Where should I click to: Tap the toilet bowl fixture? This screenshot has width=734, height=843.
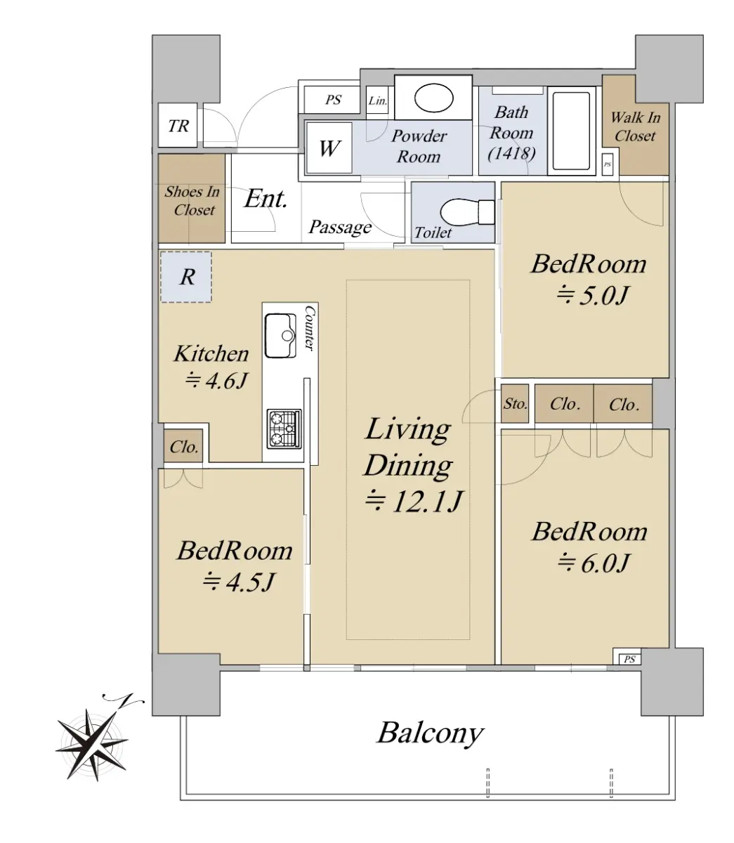click(x=467, y=212)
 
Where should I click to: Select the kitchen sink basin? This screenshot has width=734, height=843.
click(x=280, y=335)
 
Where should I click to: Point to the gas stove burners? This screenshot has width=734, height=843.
click(x=284, y=429)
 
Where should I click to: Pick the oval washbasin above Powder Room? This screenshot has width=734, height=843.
click(x=434, y=98)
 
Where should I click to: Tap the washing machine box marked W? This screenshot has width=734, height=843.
click(x=329, y=148)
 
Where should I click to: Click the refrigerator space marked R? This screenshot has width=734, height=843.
click(x=186, y=277)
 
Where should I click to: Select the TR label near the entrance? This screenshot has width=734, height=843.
click(x=178, y=126)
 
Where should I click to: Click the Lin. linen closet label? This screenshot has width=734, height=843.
click(x=378, y=100)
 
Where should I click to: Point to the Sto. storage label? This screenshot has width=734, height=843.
click(x=516, y=403)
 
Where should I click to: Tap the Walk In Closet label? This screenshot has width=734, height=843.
click(x=636, y=126)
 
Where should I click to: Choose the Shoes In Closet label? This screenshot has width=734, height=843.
click(x=192, y=201)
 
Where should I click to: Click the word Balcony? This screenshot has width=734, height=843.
click(x=431, y=734)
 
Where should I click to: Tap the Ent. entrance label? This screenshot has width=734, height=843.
click(x=266, y=199)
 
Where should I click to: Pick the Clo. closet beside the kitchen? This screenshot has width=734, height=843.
click(x=184, y=446)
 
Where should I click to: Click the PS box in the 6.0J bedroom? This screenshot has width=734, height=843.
click(x=630, y=659)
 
